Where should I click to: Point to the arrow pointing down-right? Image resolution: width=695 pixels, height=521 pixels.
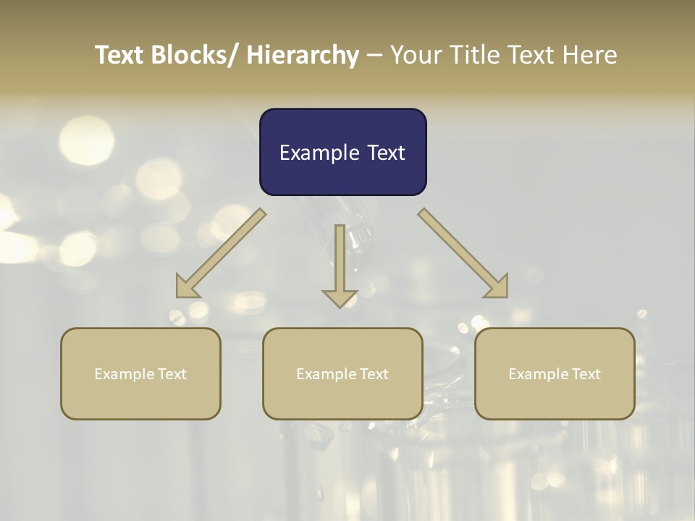pyautogui.click(x=463, y=253)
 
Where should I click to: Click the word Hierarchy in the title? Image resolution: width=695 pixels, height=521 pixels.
pyautogui.click(x=302, y=55)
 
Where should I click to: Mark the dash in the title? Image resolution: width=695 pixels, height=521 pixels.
pyautogui.click(x=374, y=55)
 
